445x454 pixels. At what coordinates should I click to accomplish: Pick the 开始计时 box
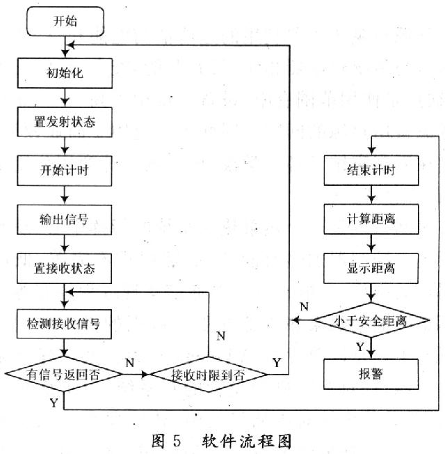[64, 170]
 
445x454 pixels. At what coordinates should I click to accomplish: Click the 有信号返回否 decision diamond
[64, 373]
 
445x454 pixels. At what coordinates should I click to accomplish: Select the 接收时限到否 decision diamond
[209, 374]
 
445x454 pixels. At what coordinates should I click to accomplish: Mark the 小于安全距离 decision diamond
[371, 321]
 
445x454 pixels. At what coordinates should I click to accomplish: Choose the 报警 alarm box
[371, 373]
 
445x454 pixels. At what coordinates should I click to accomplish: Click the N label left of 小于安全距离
[303, 306]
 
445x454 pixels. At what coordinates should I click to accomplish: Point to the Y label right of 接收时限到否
[277, 361]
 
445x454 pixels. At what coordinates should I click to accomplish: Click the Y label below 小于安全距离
[359, 346]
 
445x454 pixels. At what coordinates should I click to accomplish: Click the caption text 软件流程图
[247, 440]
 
